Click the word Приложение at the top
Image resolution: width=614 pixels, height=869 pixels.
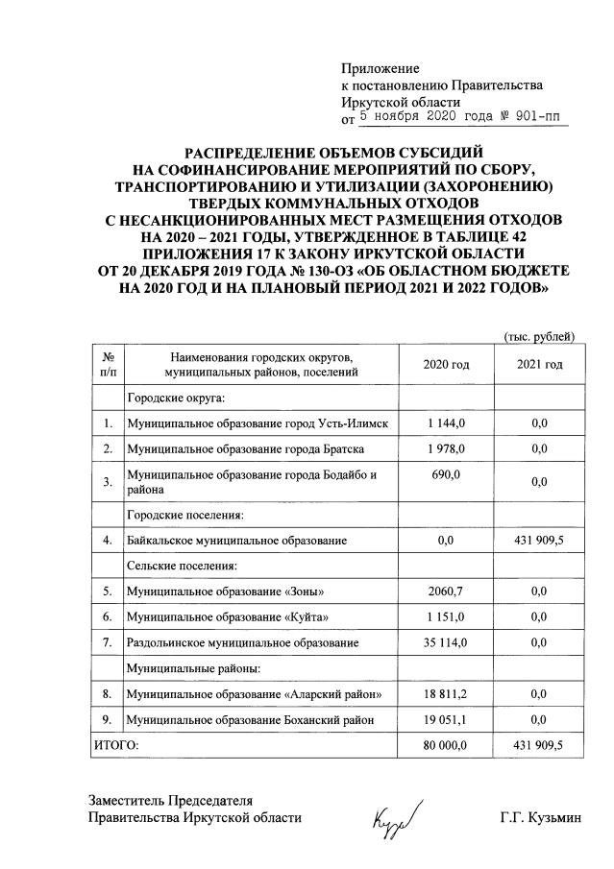tap(381, 69)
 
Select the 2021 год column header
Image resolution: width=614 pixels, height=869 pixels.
tap(540, 364)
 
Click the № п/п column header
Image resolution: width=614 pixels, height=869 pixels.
tap(108, 364)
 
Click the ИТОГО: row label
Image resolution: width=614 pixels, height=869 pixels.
tap(116, 743)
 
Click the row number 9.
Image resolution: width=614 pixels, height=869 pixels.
tap(108, 718)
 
